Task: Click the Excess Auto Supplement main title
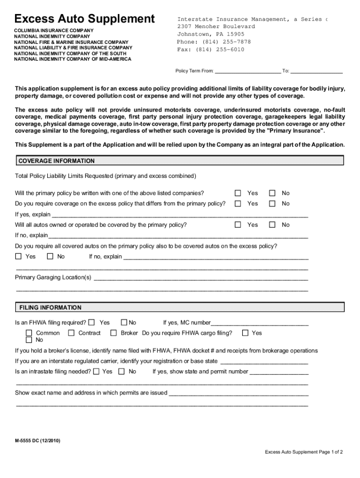click(84, 19)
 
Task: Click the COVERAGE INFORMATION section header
click(56, 161)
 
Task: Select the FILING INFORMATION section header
click(50, 308)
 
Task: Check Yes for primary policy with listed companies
click(238, 193)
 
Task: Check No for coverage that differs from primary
click(273, 204)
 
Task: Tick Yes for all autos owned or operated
click(238, 225)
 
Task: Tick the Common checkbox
click(29, 333)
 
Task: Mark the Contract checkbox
click(71, 333)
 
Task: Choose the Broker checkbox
click(113, 333)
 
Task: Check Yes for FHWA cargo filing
click(245, 333)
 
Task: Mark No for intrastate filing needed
click(122, 372)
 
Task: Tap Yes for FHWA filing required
click(92, 322)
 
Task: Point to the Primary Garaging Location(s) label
click(53, 278)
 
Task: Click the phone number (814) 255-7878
click(214, 42)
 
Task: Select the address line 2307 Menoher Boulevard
click(216, 27)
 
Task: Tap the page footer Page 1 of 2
click(304, 452)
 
